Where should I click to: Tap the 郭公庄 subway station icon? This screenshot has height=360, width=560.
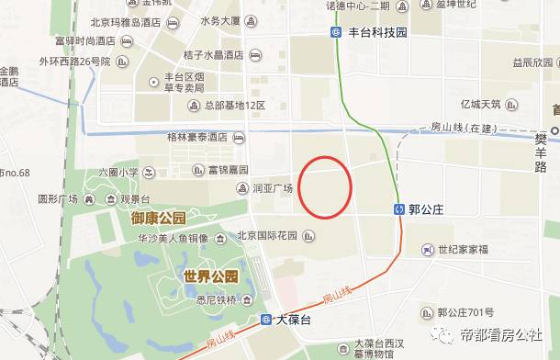tap(400, 208)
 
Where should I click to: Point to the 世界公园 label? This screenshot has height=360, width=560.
tap(209, 276)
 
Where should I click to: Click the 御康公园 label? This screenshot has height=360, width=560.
tap(158, 219)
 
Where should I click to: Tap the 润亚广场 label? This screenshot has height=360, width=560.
tap(272, 188)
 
